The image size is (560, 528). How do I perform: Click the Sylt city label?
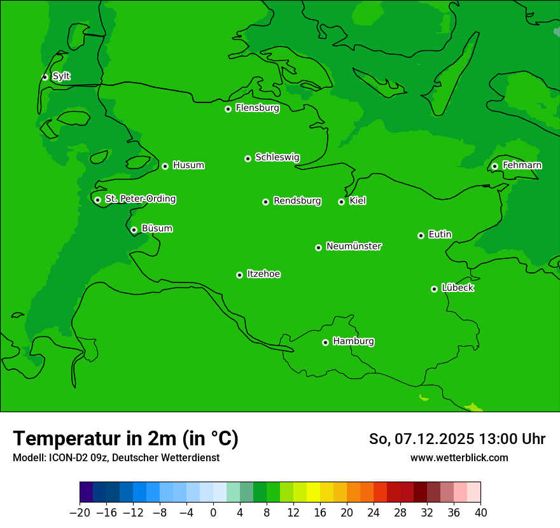(x=61, y=76)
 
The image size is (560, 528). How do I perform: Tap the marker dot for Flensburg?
(x=228, y=109)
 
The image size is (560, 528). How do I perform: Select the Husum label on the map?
(x=188, y=165)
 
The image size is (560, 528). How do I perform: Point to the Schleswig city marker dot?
(x=248, y=158)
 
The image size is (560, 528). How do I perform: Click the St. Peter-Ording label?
(x=140, y=198)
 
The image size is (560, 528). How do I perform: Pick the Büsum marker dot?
(x=134, y=230)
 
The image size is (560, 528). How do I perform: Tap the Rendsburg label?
(x=297, y=201)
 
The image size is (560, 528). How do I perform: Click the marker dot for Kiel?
(x=341, y=202)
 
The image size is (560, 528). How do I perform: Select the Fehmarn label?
(x=522, y=165)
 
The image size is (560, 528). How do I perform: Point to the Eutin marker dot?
(x=421, y=235)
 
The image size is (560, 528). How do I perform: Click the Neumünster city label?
(x=354, y=246)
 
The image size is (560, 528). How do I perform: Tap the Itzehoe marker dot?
(x=239, y=275)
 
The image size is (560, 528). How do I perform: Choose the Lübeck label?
(x=458, y=288)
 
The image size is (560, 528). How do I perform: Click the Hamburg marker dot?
(x=325, y=342)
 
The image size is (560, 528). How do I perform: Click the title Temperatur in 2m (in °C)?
(x=125, y=438)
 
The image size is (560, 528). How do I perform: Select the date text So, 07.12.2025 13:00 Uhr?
(x=457, y=439)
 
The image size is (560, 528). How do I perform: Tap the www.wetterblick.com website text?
(x=459, y=457)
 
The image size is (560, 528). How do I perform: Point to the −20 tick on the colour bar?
(x=80, y=512)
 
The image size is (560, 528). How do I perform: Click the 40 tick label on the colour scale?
(x=480, y=512)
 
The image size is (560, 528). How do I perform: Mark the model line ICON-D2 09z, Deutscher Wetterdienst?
(x=116, y=457)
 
